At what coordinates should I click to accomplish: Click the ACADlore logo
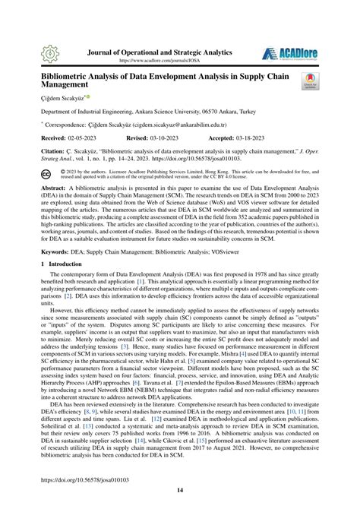[x=288, y=54]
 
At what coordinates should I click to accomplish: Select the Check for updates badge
[x=312, y=82]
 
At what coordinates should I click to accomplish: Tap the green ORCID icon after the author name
[x=90, y=97]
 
